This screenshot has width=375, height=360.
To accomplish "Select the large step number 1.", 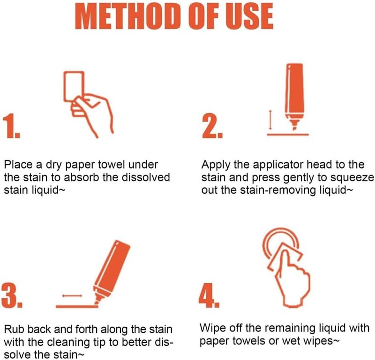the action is (11, 126).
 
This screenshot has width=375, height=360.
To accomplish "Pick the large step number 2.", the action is (212, 126).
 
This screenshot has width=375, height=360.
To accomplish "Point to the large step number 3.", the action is (12, 295).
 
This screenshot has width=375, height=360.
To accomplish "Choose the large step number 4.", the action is (209, 295).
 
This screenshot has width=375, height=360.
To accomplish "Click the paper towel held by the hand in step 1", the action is (74, 86).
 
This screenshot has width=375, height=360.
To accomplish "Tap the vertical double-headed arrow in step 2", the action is (270, 120).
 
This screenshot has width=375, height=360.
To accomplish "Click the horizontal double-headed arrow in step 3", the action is (72, 296).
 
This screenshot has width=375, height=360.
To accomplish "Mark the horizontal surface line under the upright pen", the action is (288, 135).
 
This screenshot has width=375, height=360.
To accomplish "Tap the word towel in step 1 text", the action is (112, 165).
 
